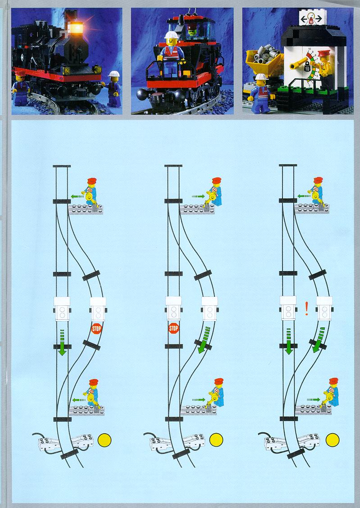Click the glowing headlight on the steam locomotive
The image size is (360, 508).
click(77, 28)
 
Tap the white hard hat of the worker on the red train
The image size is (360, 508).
click(171, 35)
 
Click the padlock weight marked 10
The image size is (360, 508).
click(307, 68)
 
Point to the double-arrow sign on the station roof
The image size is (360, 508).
click(311, 19)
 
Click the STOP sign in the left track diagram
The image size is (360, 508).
click(96, 328)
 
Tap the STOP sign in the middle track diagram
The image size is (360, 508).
click(173, 328)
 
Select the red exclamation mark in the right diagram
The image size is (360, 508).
click(306, 308)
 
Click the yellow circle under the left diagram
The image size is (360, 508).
click(105, 440)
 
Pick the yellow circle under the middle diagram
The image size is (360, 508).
click(216, 440)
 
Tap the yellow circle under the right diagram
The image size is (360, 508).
click(333, 440)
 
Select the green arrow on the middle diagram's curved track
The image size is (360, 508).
click(204, 340)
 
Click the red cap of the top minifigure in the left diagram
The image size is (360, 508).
click(92, 181)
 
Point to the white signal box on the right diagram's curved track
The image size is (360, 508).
click(324, 308)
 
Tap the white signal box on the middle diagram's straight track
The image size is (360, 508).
click(173, 308)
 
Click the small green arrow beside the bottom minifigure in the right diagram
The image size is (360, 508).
click(313, 399)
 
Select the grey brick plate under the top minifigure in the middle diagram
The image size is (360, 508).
click(197, 209)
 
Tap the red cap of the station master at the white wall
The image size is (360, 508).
click(323, 54)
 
